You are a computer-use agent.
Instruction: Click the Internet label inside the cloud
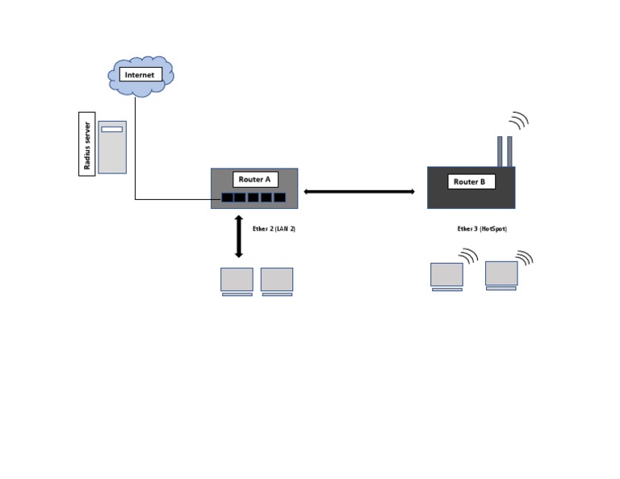pyautogui.click(x=140, y=75)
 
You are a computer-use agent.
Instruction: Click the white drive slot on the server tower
pyautogui.click(x=112, y=129)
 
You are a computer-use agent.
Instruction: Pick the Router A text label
pyautogui.click(x=255, y=180)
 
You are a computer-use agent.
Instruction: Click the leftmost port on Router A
pyautogui.click(x=228, y=198)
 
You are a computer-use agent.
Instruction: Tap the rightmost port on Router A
pyautogui.click(x=279, y=198)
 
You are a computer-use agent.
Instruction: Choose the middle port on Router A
pyautogui.click(x=253, y=198)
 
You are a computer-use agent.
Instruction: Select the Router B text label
pyautogui.click(x=471, y=182)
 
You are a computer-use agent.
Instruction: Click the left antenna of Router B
pyautogui.click(x=500, y=151)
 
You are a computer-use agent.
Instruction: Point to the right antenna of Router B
pyautogui.click(x=509, y=151)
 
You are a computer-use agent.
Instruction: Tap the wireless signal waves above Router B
pyautogui.click(x=518, y=121)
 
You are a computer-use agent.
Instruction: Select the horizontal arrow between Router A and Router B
pyautogui.click(x=359, y=191)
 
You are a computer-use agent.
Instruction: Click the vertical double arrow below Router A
pyautogui.click(x=239, y=236)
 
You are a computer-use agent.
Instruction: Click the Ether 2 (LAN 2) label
pyautogui.click(x=274, y=229)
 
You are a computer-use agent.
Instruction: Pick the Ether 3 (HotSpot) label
pyautogui.click(x=482, y=229)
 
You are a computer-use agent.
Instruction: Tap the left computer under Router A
pyautogui.click(x=237, y=281)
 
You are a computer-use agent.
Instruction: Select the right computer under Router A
pyautogui.click(x=277, y=281)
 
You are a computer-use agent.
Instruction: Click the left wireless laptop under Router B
pyautogui.click(x=446, y=277)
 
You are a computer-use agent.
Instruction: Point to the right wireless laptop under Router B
pyautogui.click(x=501, y=275)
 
